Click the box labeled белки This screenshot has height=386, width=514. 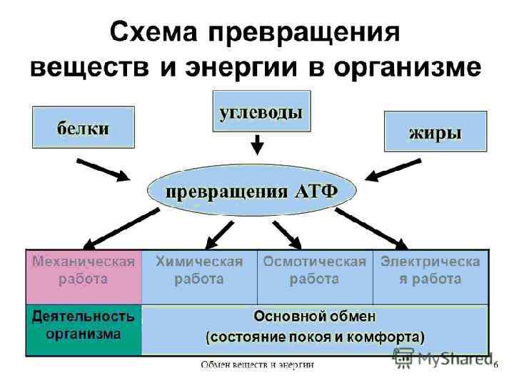point(83,129)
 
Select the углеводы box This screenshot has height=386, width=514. point(261,112)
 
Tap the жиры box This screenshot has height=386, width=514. point(435,132)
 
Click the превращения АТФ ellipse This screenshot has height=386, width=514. point(252,191)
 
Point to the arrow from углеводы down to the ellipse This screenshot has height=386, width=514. point(258,145)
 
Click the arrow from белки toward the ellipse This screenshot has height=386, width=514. point(104,169)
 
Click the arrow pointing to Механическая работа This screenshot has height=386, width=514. point(118,227)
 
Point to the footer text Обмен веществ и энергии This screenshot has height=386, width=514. point(257,365)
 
